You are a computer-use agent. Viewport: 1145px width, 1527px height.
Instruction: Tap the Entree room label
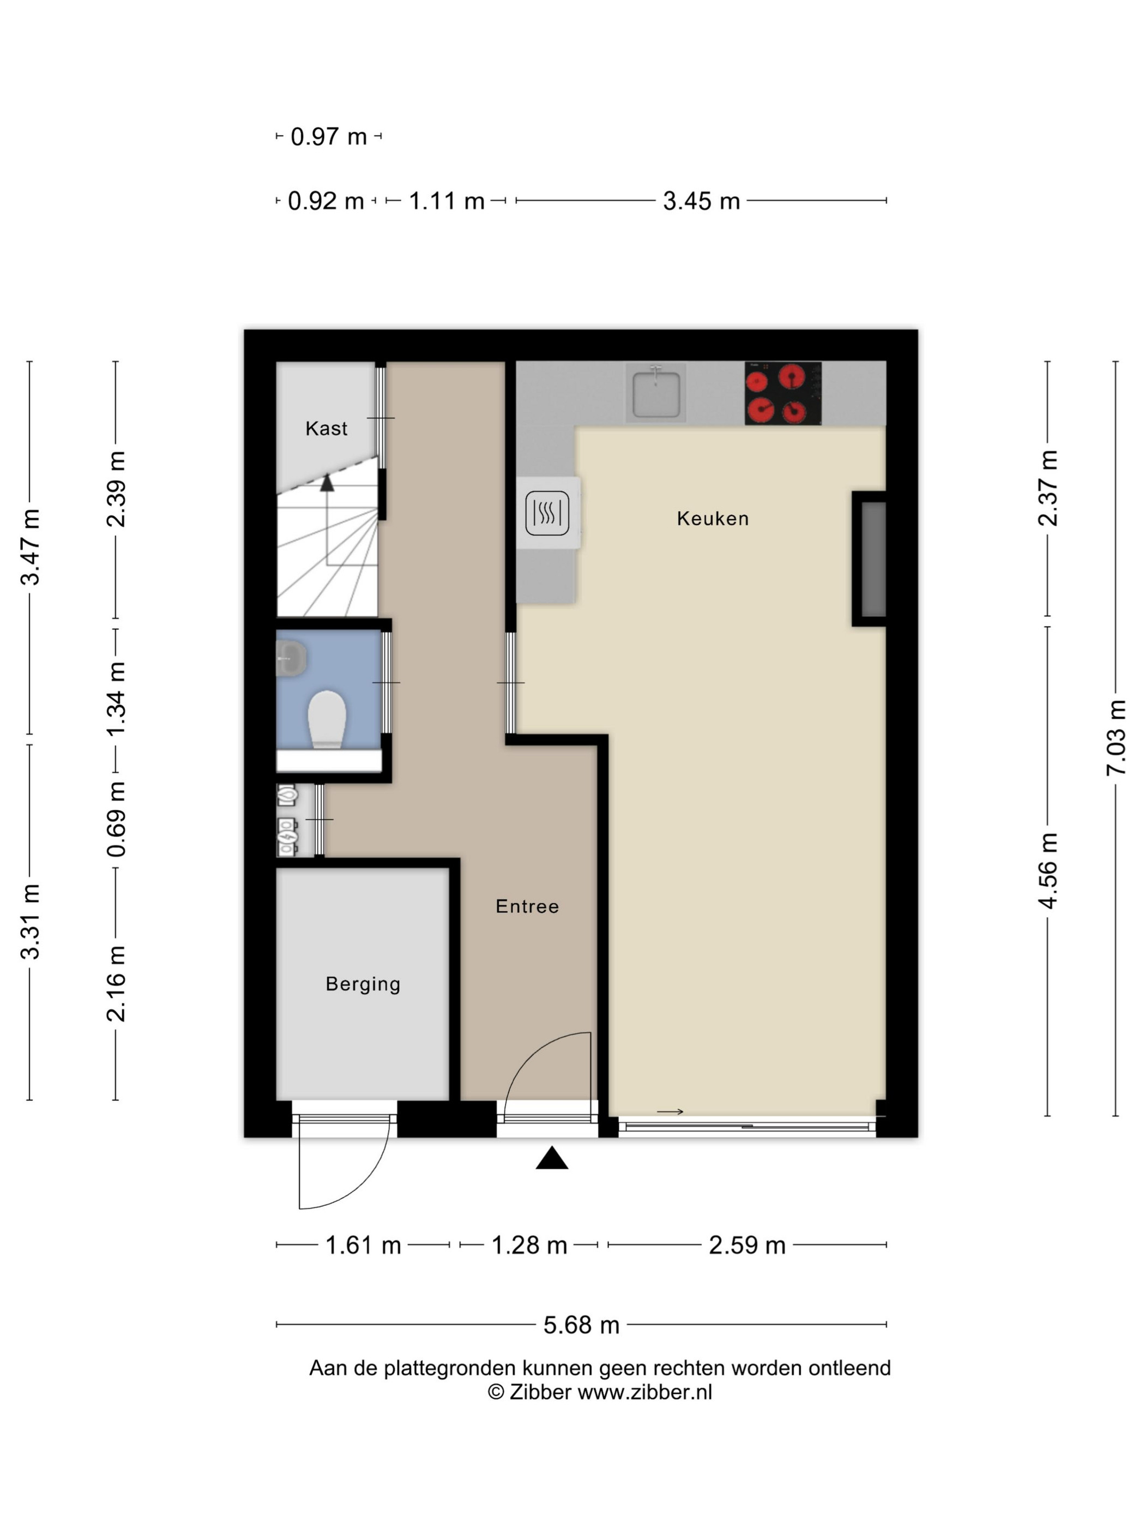[527, 906]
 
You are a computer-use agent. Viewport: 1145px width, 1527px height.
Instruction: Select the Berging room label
[363, 984]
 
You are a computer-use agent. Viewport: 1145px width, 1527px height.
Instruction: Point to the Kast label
[327, 428]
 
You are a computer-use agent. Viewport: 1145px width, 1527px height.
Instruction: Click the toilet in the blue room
[327, 719]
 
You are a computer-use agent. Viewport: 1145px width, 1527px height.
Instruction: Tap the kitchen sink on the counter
[656, 393]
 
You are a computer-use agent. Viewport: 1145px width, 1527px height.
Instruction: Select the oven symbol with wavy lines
[547, 513]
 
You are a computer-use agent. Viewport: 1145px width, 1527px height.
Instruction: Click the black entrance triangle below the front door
[552, 1158]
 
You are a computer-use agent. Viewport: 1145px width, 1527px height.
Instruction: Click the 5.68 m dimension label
[581, 1325]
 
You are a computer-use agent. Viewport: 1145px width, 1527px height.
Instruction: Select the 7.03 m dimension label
[1116, 737]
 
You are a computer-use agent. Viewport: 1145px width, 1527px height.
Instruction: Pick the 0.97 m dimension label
[329, 137]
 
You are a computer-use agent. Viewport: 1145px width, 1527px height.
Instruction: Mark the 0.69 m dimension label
[116, 820]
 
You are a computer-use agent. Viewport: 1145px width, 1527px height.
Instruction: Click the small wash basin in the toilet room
[291, 657]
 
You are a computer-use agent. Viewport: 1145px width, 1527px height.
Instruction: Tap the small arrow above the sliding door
[670, 1111]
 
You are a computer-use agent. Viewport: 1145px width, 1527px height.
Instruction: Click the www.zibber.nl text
[644, 1392]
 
